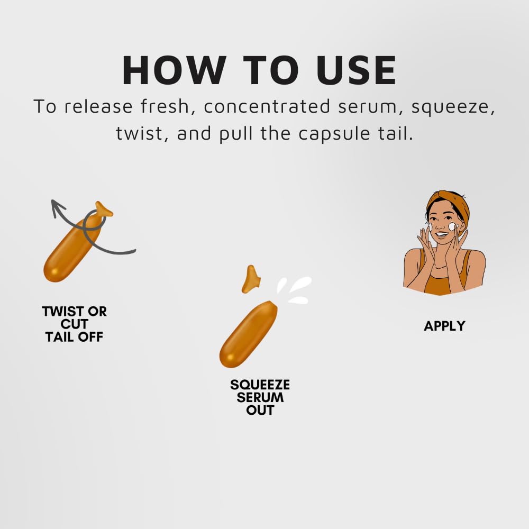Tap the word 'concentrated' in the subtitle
[x=267, y=107]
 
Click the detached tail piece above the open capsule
[x=251, y=279]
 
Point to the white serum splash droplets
[x=294, y=290]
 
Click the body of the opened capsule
[x=248, y=334]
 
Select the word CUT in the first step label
[x=74, y=324]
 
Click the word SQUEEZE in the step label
[x=260, y=385]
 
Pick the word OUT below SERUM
[x=260, y=411]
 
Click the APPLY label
[x=444, y=326]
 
